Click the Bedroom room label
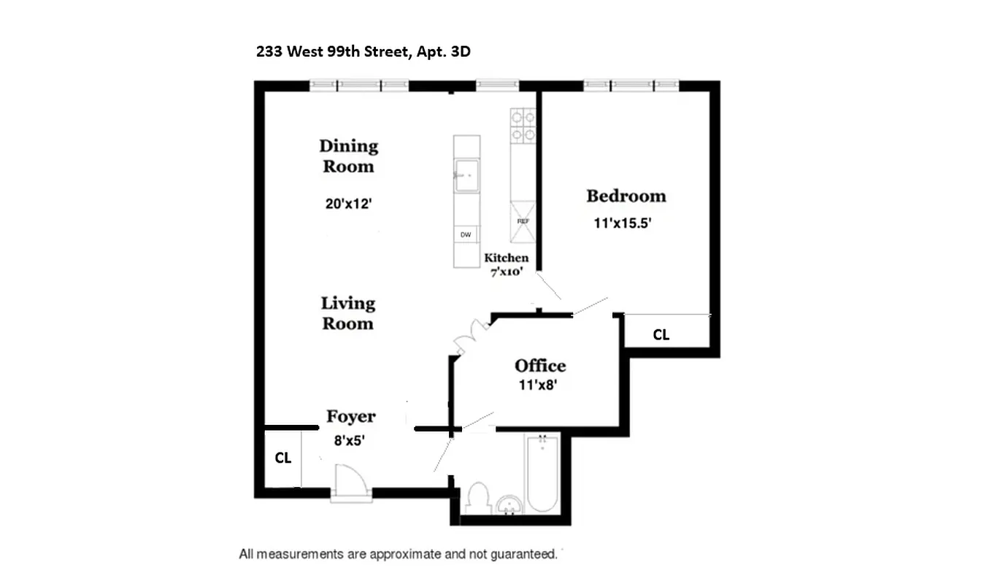coord(626,196)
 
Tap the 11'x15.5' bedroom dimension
coord(622,225)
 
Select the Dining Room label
coord(348,155)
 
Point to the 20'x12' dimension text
coord(350,204)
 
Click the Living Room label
coord(348,312)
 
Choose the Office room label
coord(540,366)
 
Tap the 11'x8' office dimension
coord(538,385)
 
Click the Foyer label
coord(350,416)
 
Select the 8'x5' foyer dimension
coord(348,440)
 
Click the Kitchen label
coord(506,258)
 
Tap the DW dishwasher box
coord(465,235)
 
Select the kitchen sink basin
coord(466,176)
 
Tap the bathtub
coord(542,473)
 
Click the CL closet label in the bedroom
coord(661,335)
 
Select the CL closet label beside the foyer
coord(282,458)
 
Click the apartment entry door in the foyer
coord(351,481)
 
